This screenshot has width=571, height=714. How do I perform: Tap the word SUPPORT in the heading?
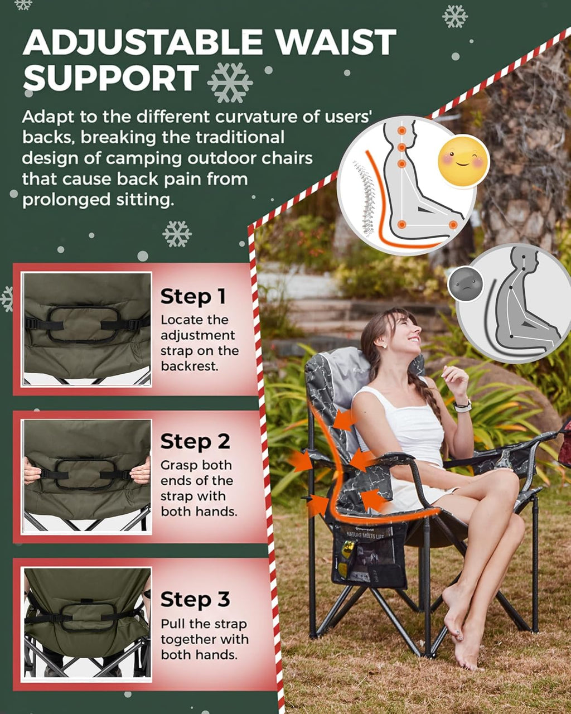(111, 78)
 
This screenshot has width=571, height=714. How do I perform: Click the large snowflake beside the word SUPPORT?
(230, 83)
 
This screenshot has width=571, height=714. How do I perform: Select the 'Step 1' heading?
(193, 297)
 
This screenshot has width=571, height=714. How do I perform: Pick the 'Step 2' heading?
(195, 441)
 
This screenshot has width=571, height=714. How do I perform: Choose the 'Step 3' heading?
(195, 600)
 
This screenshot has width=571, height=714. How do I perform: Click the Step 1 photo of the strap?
(87, 329)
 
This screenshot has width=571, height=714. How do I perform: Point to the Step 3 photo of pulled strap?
(87, 624)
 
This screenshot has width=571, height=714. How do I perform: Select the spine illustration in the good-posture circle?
(365, 198)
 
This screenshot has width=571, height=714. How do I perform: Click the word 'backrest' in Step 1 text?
(188, 366)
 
